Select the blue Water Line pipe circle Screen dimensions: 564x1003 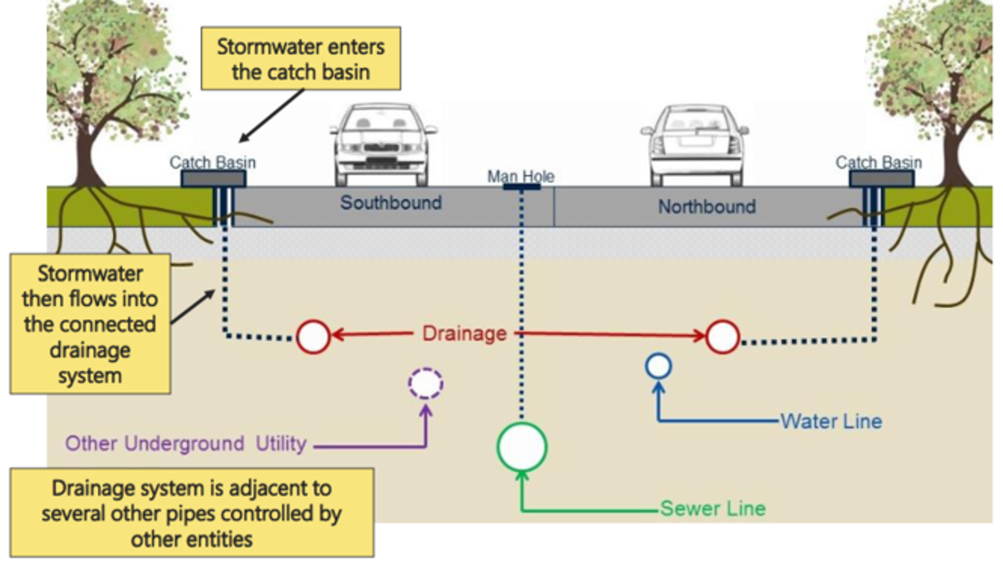click(659, 366)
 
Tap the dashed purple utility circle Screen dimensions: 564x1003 click(425, 384)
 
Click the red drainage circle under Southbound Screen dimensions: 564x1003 click(313, 336)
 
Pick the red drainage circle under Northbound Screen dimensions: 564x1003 click(723, 336)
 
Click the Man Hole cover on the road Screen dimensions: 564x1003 click(521, 186)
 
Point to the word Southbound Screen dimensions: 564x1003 click(390, 203)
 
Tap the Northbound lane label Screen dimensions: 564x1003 click(706, 206)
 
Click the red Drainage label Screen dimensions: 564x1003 click(464, 333)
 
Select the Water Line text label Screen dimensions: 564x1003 click(831, 420)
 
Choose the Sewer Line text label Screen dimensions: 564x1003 click(712, 508)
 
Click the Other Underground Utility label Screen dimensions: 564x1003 click(186, 444)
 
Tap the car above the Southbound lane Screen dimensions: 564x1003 click(384, 144)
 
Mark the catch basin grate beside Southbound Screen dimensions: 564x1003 click(213, 178)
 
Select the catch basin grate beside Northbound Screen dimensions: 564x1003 click(881, 178)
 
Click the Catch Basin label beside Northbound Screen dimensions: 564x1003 click(878, 162)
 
